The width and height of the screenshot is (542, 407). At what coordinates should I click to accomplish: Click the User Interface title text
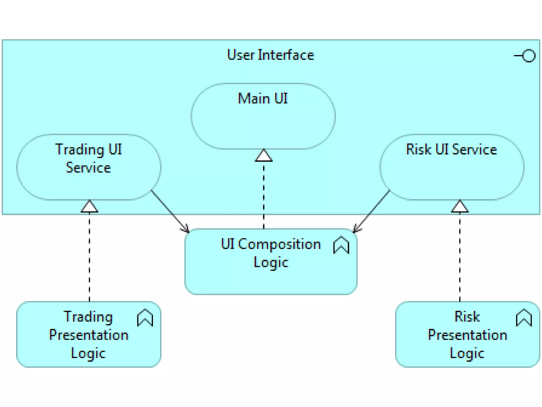pyautogui.click(x=270, y=55)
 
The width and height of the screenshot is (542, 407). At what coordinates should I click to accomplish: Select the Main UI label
pyautogui.click(x=263, y=99)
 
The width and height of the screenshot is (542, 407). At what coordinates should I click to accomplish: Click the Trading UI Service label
pyautogui.click(x=88, y=158)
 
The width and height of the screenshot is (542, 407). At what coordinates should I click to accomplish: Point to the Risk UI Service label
pyautogui.click(x=451, y=149)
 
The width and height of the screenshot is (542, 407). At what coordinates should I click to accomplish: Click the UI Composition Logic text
pyautogui.click(x=270, y=253)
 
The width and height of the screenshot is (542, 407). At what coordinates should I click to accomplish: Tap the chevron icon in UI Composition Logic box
pyautogui.click(x=341, y=245)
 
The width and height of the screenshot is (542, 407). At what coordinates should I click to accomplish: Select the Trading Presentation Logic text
pyautogui.click(x=88, y=335)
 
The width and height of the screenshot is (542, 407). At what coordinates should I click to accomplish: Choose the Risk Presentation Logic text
pyautogui.click(x=467, y=335)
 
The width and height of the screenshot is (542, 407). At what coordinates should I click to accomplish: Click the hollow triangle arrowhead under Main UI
pyautogui.click(x=264, y=156)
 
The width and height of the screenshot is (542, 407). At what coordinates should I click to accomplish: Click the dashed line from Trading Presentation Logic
pyautogui.click(x=89, y=257)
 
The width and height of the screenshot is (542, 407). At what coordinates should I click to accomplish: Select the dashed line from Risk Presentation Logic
pyautogui.click(x=460, y=257)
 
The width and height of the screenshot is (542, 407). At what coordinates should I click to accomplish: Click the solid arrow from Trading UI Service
pyautogui.click(x=169, y=211)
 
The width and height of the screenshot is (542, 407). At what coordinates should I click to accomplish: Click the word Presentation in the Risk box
pyautogui.click(x=467, y=335)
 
